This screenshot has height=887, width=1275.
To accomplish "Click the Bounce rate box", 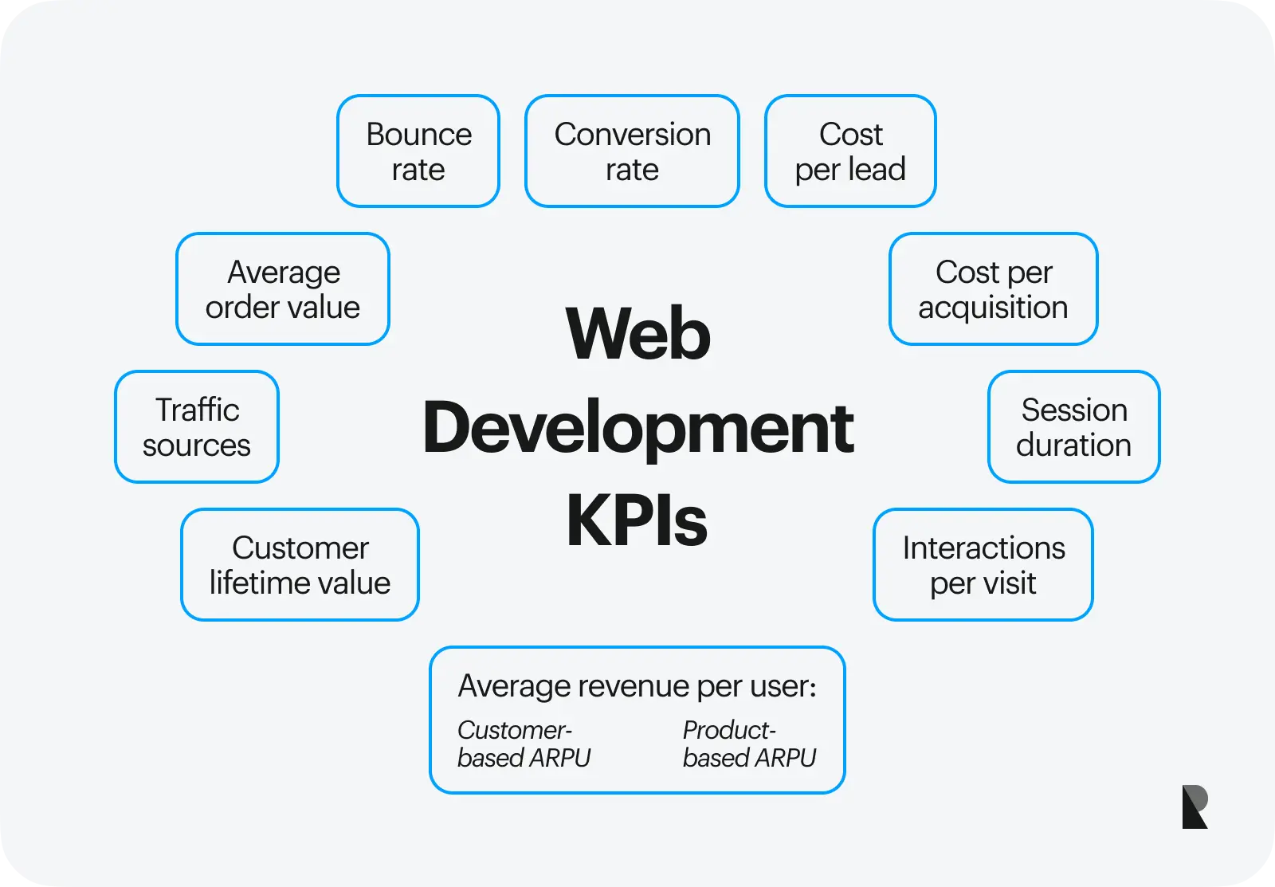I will pyautogui.click(x=418, y=151).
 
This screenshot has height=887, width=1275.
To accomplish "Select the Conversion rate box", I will pyautogui.click(x=632, y=151).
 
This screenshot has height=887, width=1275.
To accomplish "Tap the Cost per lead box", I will pyautogui.click(x=850, y=151).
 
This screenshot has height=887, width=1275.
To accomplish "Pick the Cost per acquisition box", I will pyautogui.click(x=993, y=289).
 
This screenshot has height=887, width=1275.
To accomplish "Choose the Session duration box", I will pyautogui.click(x=1073, y=427).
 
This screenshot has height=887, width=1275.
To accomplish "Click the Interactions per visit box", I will pyautogui.click(x=983, y=565).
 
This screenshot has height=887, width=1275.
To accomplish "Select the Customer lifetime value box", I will pyautogui.click(x=300, y=565).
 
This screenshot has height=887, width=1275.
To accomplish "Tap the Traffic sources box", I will pyautogui.click(x=197, y=427).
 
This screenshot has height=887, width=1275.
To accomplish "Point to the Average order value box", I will pyautogui.click(x=283, y=289).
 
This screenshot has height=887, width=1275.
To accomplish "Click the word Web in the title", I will pyautogui.click(x=637, y=335).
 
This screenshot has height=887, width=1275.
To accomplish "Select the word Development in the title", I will pyautogui.click(x=637, y=429).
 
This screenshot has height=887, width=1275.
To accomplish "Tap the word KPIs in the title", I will pyautogui.click(x=637, y=521).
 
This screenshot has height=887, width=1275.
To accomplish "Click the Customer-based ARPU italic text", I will pyautogui.click(x=524, y=744).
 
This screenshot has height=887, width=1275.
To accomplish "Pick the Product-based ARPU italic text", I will pyautogui.click(x=749, y=744).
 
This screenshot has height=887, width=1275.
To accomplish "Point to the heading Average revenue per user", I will pyautogui.click(x=637, y=686).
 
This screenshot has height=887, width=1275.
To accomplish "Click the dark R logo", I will pyautogui.click(x=1195, y=807).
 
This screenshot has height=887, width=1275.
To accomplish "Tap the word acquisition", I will pyautogui.click(x=993, y=308).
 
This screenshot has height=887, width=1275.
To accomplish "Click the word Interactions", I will pyautogui.click(x=983, y=548).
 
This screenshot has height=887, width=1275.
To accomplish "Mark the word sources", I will pyautogui.click(x=197, y=445).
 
